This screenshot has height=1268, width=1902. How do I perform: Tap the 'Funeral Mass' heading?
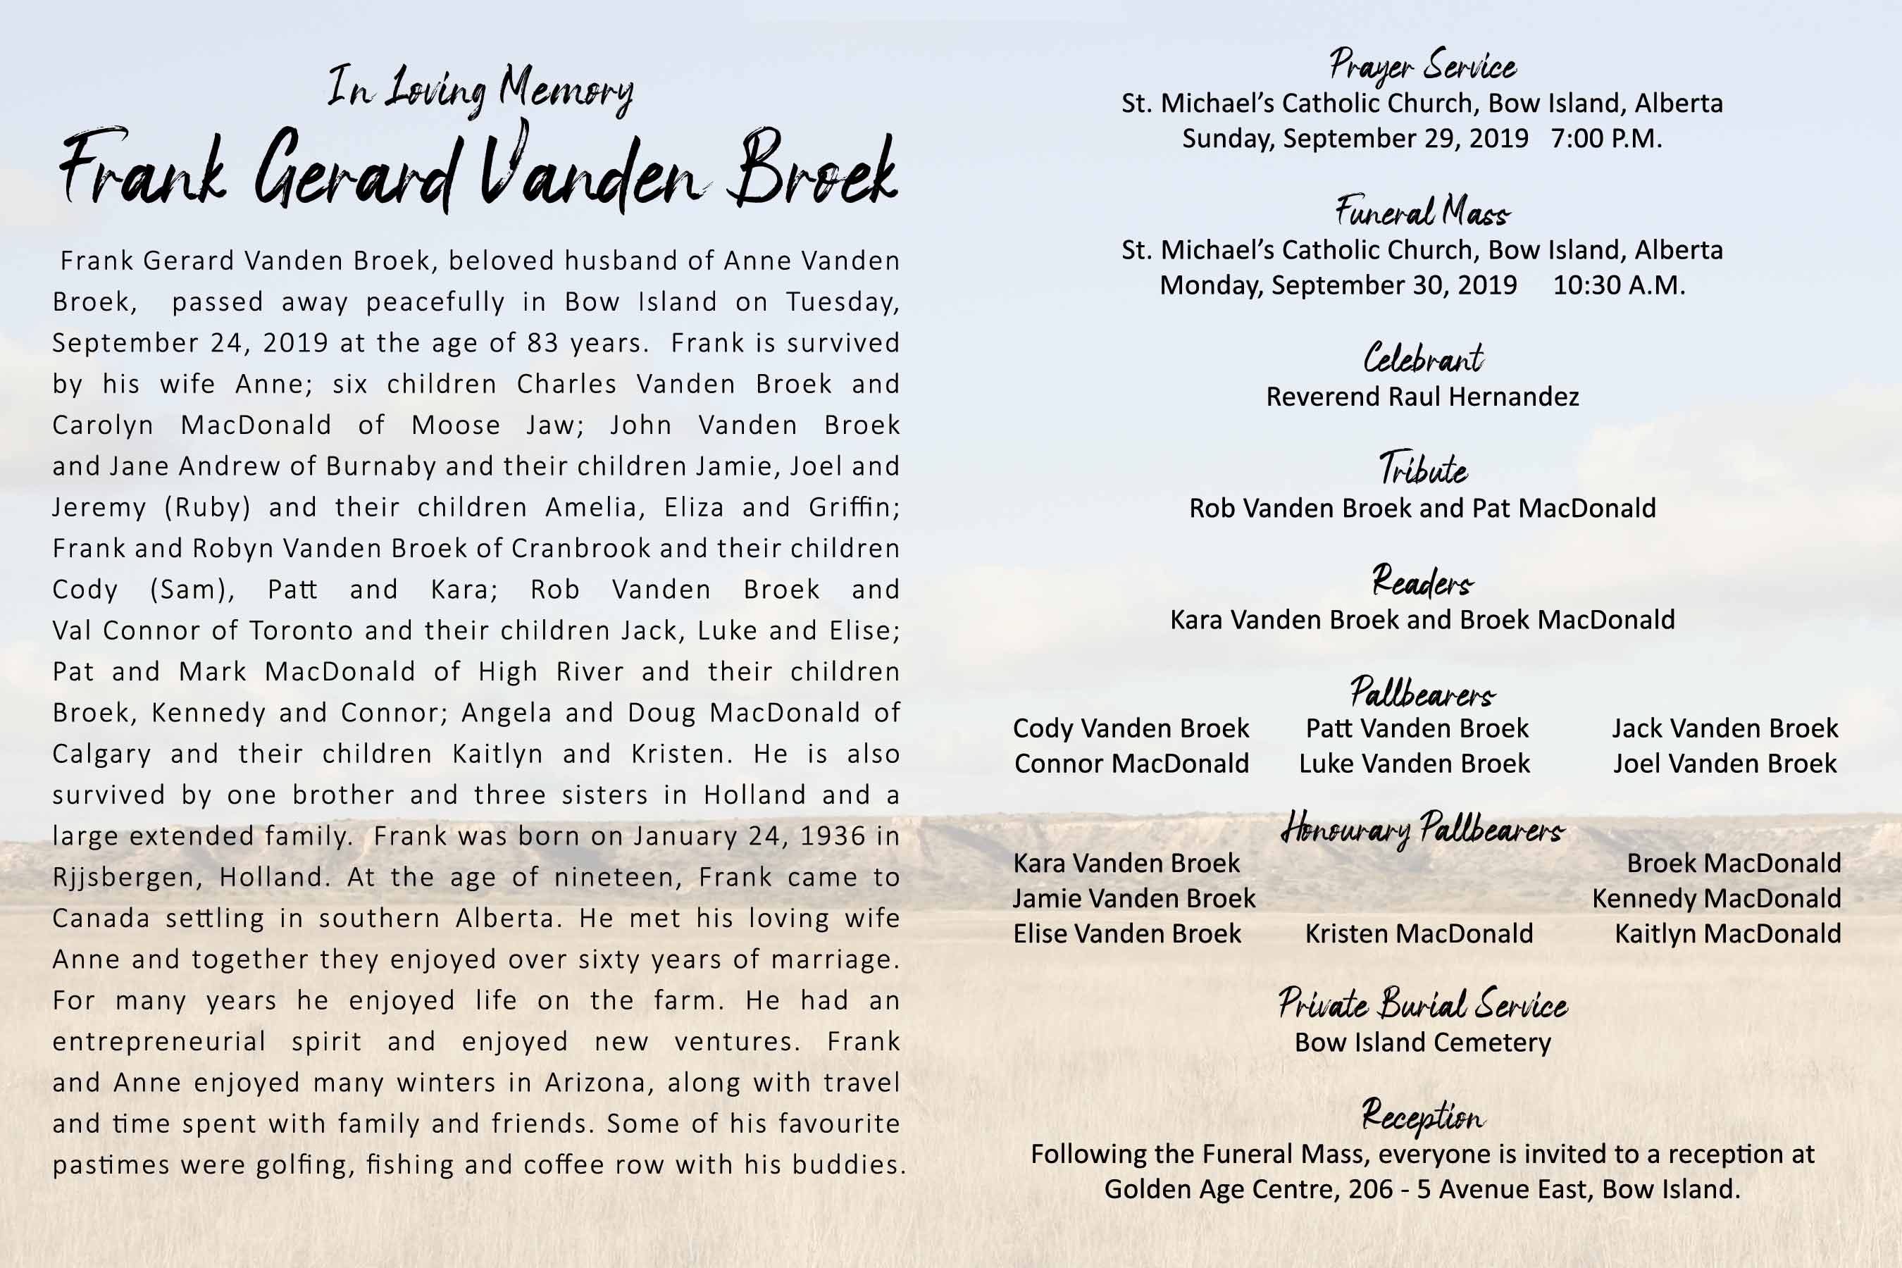[x=1422, y=213]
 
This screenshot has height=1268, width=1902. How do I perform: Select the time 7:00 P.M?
[x=1606, y=139]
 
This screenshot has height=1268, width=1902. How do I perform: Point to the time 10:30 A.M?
[x=1619, y=285]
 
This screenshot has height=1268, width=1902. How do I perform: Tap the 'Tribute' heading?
[x=1422, y=470]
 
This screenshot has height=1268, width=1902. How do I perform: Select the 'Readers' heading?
[x=1422, y=581]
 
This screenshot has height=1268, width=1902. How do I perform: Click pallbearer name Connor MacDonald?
[x=1131, y=764]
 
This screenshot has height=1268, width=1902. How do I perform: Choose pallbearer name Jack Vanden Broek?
[x=1725, y=728]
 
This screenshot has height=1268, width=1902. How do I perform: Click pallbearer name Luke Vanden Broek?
[x=1415, y=764]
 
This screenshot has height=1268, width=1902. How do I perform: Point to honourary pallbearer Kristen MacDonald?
[x=1419, y=934]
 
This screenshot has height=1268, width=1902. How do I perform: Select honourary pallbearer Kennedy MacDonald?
[x=1716, y=898]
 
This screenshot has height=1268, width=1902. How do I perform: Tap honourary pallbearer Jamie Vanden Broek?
[x=1133, y=898]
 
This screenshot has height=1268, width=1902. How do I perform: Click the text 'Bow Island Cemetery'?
[x=1422, y=1043]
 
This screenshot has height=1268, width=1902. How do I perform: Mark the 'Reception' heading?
[x=1422, y=1116]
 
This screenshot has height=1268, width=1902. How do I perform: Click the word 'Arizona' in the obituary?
[x=597, y=1083]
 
